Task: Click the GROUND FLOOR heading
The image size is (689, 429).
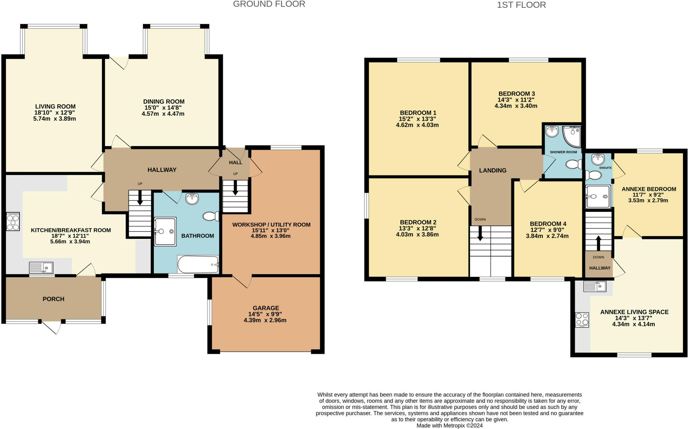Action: tap(269, 4)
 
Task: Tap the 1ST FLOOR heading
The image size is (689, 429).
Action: tap(521, 5)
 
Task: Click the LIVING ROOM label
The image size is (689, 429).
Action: tap(56, 107)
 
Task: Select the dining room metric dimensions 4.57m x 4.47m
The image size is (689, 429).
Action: tap(163, 114)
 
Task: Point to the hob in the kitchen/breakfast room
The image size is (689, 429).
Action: tap(13, 221)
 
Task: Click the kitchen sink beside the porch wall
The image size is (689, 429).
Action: tap(41, 268)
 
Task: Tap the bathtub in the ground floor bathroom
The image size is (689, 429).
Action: tap(198, 264)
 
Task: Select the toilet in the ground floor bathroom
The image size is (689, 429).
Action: tap(211, 216)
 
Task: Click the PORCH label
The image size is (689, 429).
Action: tap(53, 299)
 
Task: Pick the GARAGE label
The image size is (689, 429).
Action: tap(266, 308)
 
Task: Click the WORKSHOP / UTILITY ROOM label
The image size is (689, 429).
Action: tap(271, 224)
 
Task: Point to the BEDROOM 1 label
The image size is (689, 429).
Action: tap(418, 113)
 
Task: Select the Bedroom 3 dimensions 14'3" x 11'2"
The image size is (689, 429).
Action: tap(516, 100)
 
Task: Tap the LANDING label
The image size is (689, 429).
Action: tap(493, 170)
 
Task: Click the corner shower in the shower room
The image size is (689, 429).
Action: tap(572, 137)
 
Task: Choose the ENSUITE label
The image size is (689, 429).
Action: tap(605, 168)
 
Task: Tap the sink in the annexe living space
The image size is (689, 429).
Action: tap(595, 286)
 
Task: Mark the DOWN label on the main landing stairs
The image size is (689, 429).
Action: tap(480, 219)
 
